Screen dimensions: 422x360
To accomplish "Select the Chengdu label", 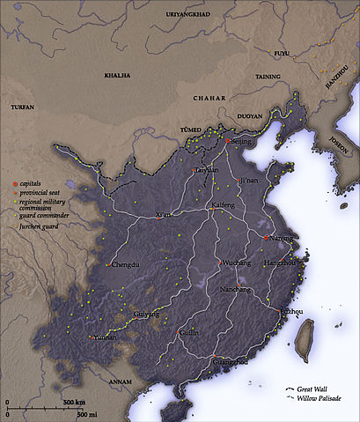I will [125, 264].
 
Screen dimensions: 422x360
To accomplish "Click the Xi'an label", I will [162, 215].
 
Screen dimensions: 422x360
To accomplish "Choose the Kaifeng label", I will [225, 204].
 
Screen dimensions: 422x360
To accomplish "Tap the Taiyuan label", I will [206, 168].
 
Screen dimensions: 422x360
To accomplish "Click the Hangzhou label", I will [281, 263].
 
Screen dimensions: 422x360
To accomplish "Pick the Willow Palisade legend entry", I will [320, 399].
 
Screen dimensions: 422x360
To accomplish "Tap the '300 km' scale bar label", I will [73, 403].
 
